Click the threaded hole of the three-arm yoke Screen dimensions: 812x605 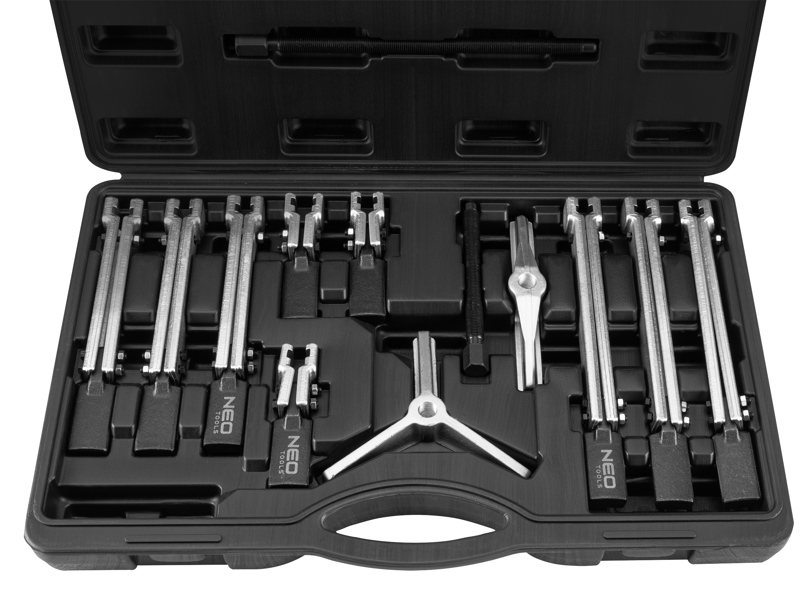point(426,410)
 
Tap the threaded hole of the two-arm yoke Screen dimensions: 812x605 point(525,281)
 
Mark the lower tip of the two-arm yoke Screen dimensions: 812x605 point(528,384)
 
